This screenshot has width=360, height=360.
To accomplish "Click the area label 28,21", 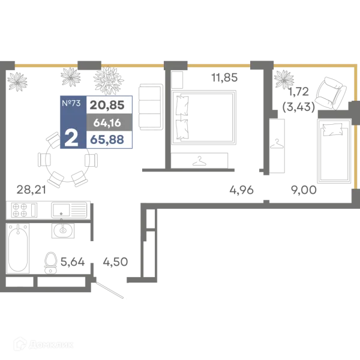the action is pos(31,190).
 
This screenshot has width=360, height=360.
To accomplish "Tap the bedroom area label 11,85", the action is pos(224,77).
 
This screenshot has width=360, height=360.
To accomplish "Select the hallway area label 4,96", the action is pos(242,190).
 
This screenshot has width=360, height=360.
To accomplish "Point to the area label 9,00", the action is pos(304,190).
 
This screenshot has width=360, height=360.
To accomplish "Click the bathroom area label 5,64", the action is pos(73,262).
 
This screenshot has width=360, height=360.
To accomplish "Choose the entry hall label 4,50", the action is pos(115,262).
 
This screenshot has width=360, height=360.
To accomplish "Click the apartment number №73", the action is pos(71,103).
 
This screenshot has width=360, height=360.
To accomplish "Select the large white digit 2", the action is pos(71,138).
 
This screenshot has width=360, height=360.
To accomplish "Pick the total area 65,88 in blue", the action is pos(107,139).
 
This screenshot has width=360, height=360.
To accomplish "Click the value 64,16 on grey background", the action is pos(107,123).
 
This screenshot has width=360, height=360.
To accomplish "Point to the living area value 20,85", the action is pos(107,105).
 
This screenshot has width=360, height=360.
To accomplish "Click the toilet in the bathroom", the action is pos(50,263).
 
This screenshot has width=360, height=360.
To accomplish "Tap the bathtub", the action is pos(17,248).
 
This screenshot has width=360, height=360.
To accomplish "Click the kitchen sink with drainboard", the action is pos(69,210).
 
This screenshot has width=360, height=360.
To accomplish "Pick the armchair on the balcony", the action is pos(331,93).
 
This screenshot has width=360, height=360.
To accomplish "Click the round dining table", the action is pos(67,160).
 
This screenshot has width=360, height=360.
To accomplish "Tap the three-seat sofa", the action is pos(151,107).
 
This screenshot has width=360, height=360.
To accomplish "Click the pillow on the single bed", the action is pos(332,130).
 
